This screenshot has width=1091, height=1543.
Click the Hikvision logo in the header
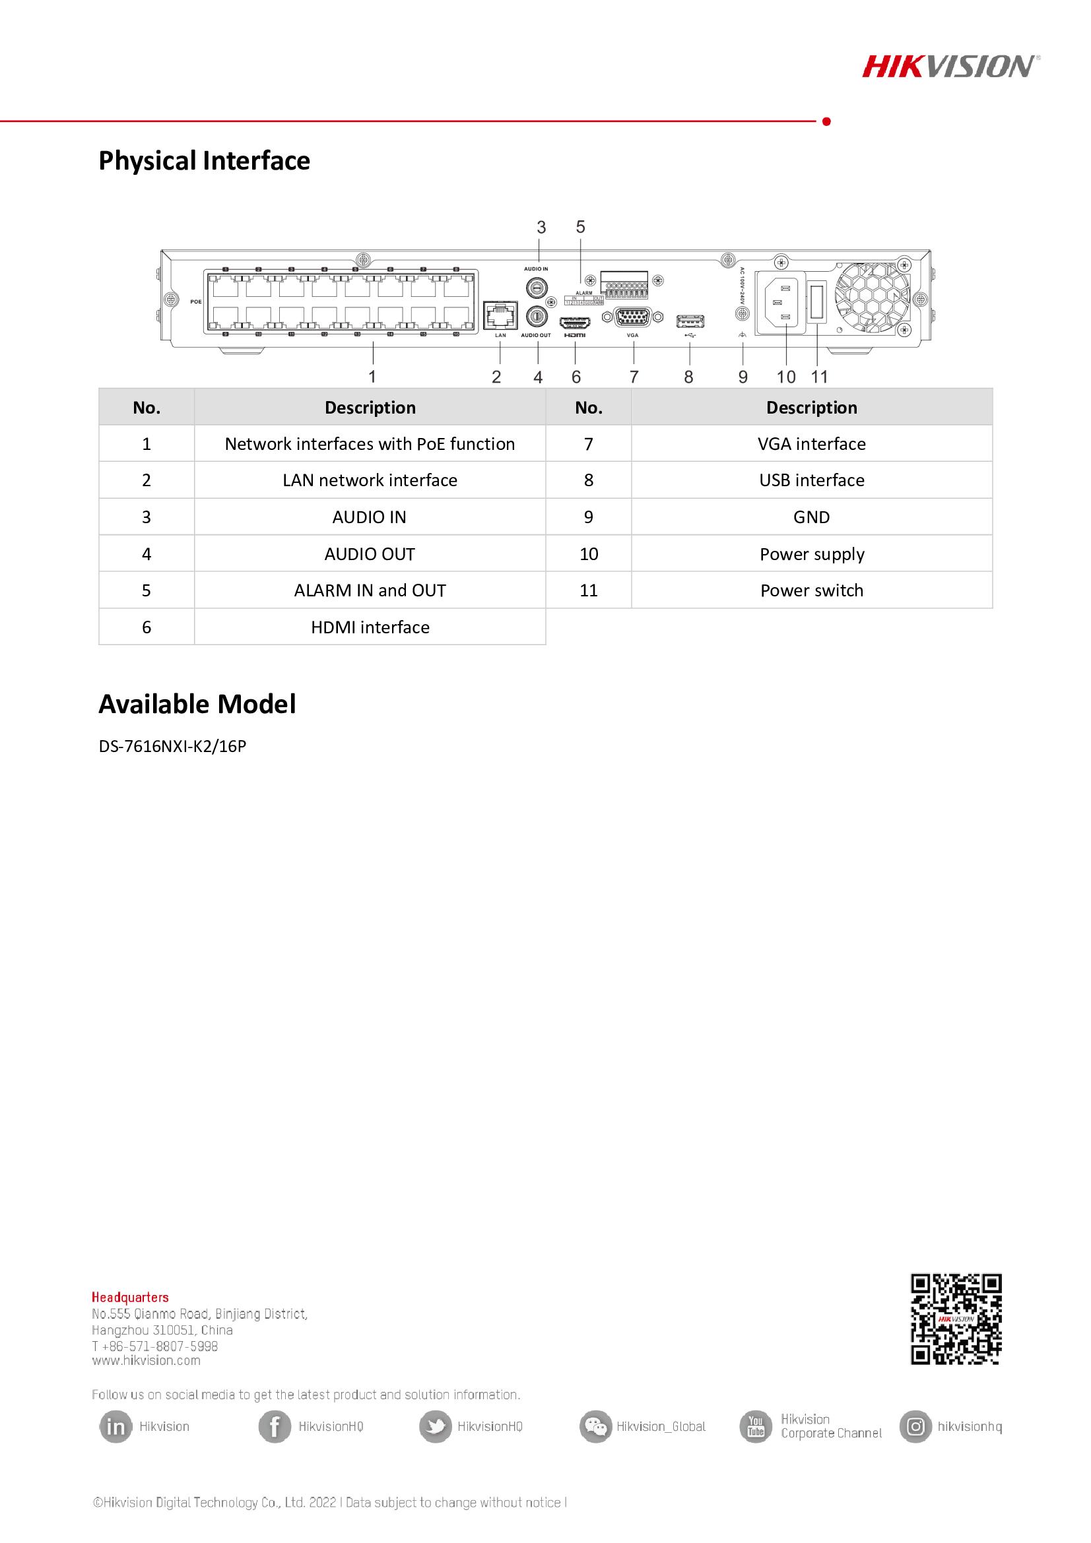click(950, 67)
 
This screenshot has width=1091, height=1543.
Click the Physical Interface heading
click(205, 160)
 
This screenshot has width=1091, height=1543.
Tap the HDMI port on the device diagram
click(574, 322)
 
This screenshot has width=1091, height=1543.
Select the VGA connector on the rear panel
click(632, 317)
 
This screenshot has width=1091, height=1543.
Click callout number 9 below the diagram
click(743, 377)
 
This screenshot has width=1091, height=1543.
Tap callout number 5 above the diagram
click(581, 227)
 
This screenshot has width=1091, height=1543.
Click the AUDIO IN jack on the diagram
click(536, 287)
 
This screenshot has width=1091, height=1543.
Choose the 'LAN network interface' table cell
click(370, 480)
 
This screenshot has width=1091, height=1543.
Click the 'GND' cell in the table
click(811, 517)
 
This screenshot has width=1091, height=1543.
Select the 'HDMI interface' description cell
click(370, 627)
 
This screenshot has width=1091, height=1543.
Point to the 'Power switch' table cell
click(811, 590)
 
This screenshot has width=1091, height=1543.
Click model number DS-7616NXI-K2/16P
click(173, 746)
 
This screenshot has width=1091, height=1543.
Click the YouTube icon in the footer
click(756, 1426)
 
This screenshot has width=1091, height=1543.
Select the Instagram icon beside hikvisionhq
click(915, 1426)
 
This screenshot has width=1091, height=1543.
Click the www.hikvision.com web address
click(146, 1361)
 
